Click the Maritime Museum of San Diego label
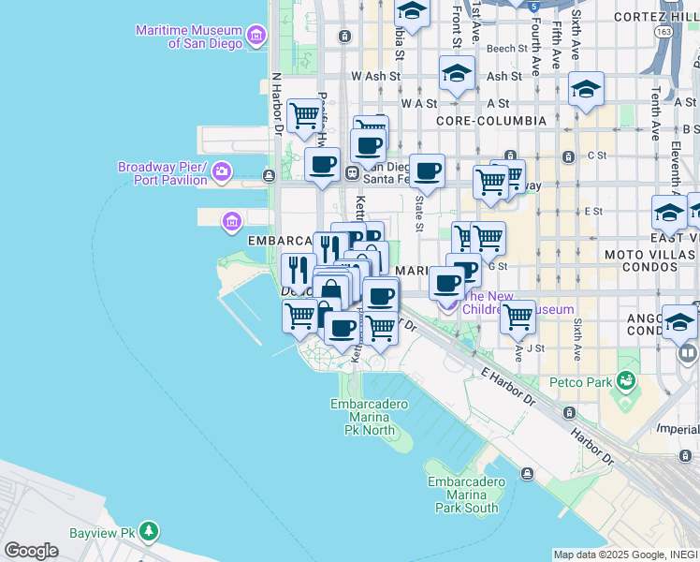[187, 37]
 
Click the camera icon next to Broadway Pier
[222, 170]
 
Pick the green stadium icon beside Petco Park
[626, 381]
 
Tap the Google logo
[31, 550]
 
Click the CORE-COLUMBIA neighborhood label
[491, 121]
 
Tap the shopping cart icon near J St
[518, 318]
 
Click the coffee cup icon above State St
[428, 171]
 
